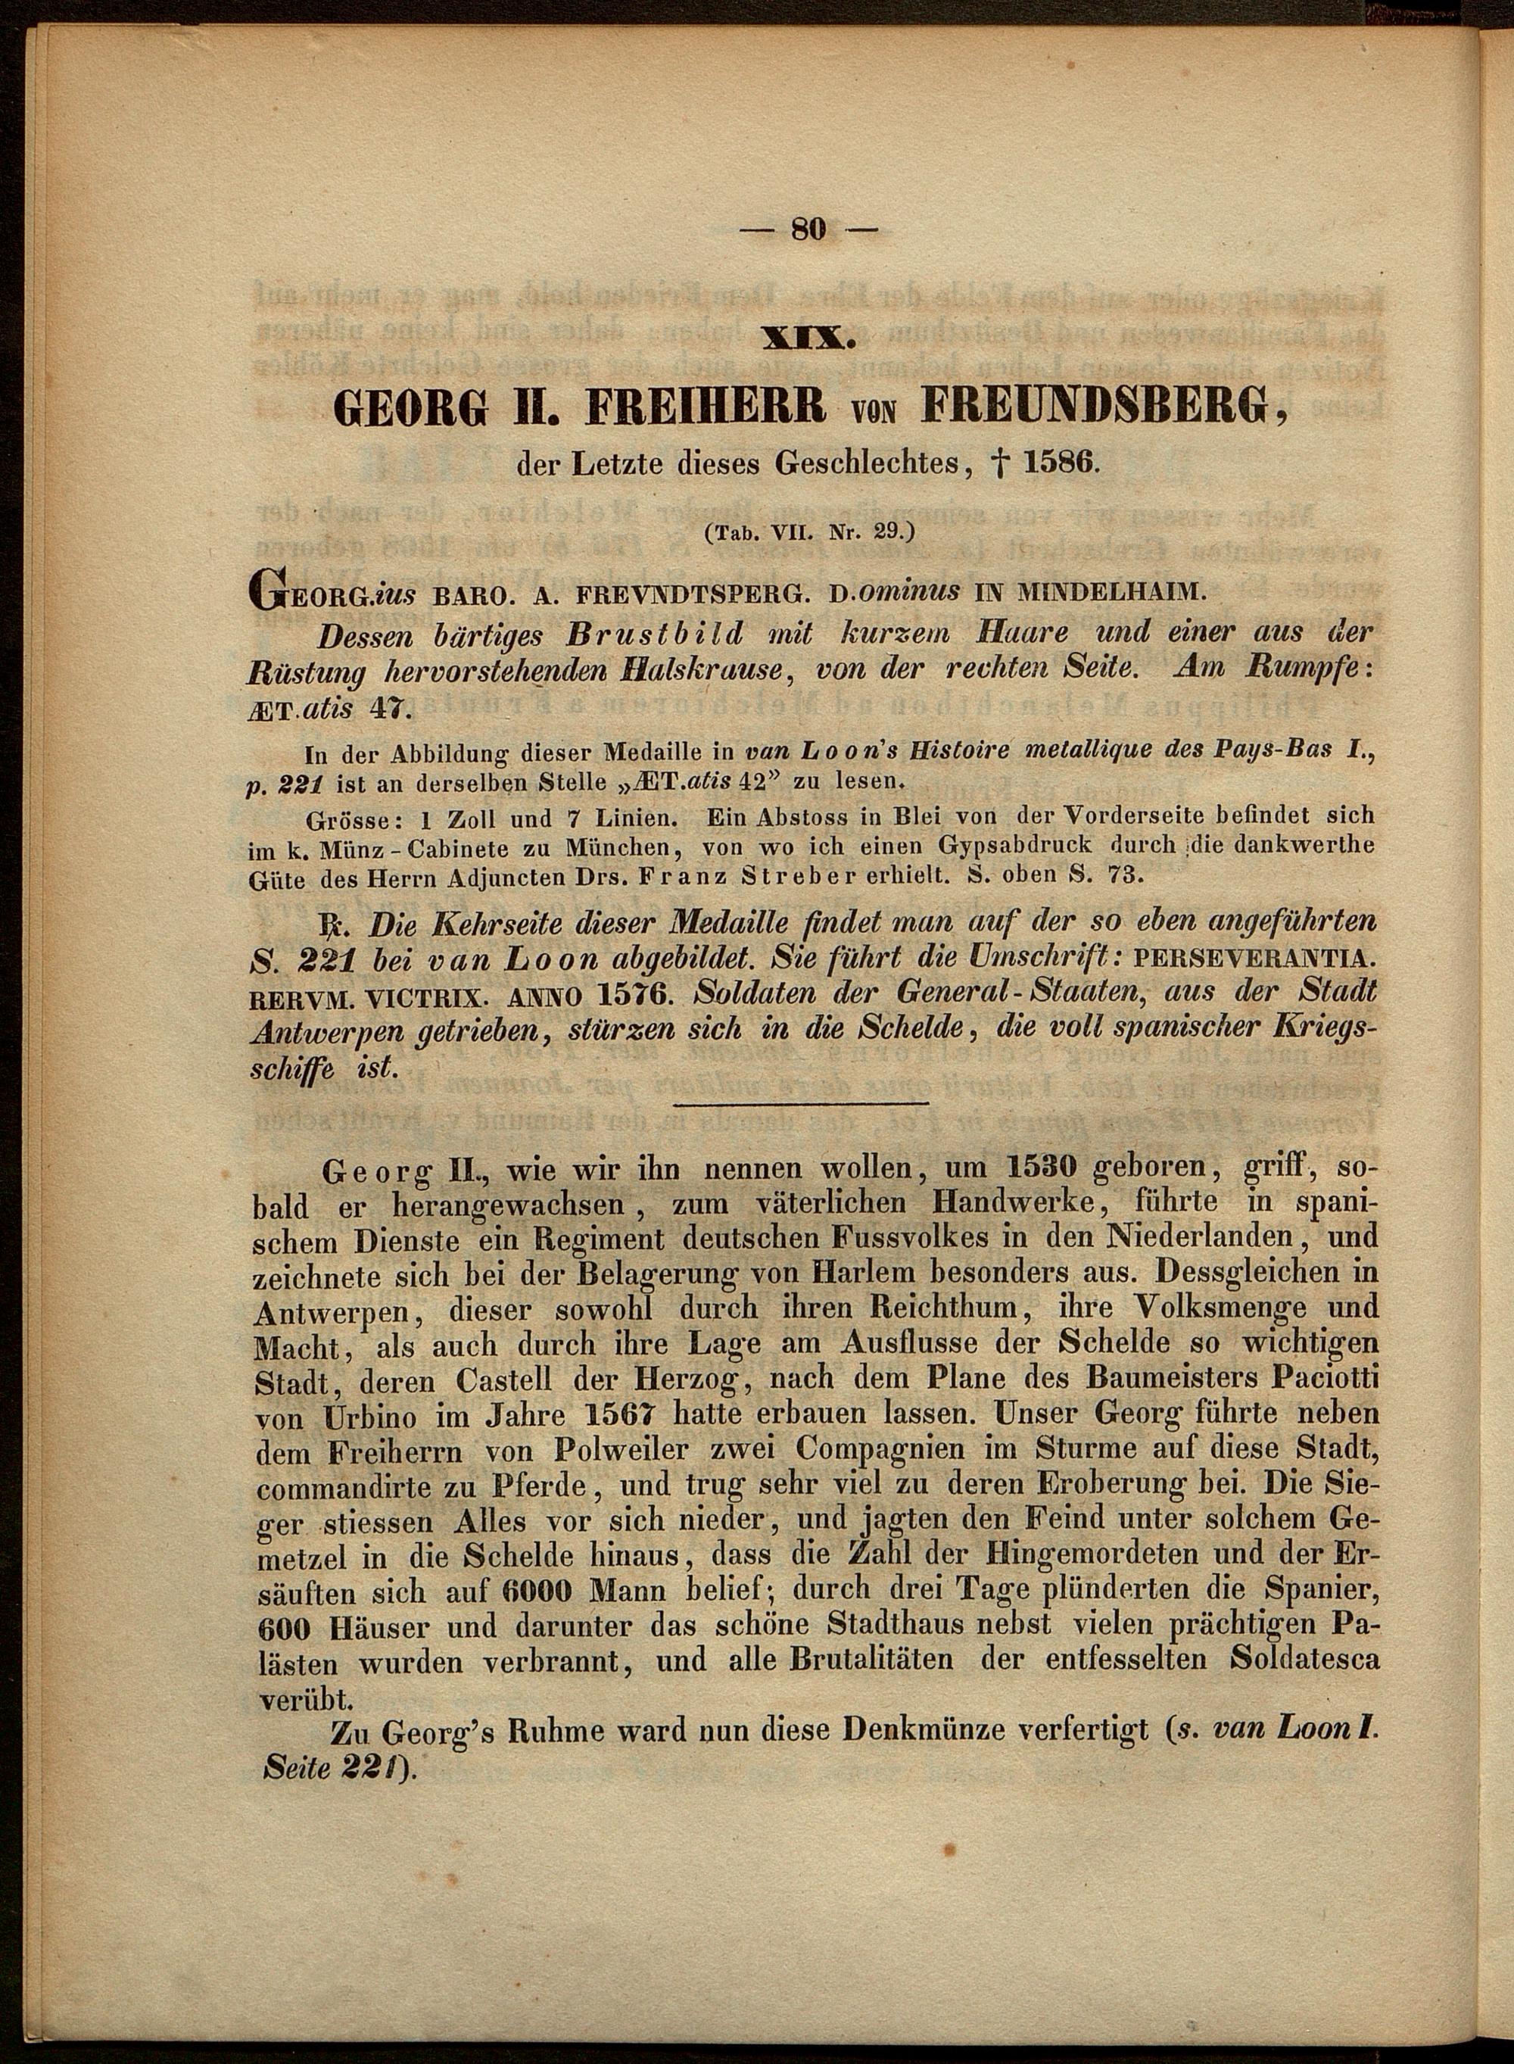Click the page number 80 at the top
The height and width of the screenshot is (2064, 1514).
pos(808,229)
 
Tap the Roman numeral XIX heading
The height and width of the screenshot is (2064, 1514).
pos(808,339)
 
